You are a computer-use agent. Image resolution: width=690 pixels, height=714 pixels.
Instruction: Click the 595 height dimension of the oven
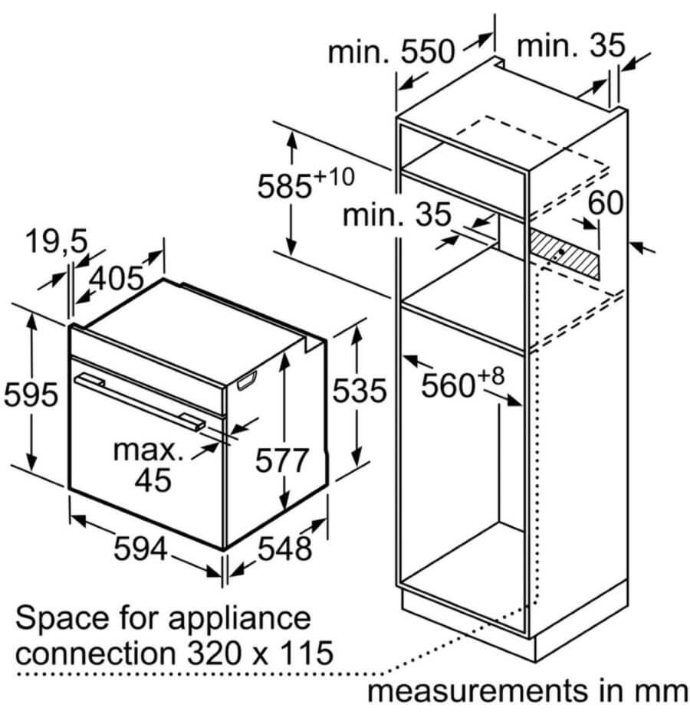tap(31, 395)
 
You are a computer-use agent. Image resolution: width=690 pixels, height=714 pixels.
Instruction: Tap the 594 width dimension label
tap(140, 549)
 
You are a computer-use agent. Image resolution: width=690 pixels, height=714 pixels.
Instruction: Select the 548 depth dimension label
tap(285, 549)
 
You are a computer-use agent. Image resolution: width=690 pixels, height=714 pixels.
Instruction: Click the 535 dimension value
tap(359, 391)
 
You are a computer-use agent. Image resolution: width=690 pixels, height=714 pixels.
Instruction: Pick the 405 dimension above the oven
tap(117, 278)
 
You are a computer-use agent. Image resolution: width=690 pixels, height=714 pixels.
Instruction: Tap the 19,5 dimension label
tap(57, 241)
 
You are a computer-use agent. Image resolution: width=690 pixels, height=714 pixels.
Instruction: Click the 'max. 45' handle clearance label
tap(149, 465)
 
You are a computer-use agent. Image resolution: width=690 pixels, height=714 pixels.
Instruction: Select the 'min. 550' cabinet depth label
tap(392, 51)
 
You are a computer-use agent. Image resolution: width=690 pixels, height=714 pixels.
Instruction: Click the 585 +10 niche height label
tap(306, 183)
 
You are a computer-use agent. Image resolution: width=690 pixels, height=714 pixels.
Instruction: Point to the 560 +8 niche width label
tap(462, 383)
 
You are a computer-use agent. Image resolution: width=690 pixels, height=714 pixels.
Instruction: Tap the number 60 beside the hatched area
tap(606, 203)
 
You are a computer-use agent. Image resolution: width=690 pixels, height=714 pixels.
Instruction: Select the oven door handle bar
tap(140, 401)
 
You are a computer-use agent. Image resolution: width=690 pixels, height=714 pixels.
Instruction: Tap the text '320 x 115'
tap(261, 653)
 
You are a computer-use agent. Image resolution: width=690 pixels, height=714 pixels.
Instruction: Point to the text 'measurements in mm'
tap(527, 691)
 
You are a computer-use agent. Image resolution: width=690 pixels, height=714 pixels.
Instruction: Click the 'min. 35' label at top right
tap(570, 46)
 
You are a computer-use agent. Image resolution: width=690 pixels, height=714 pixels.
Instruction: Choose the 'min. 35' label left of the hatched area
tap(396, 215)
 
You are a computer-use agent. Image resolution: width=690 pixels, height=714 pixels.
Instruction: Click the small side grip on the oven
tap(247, 381)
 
